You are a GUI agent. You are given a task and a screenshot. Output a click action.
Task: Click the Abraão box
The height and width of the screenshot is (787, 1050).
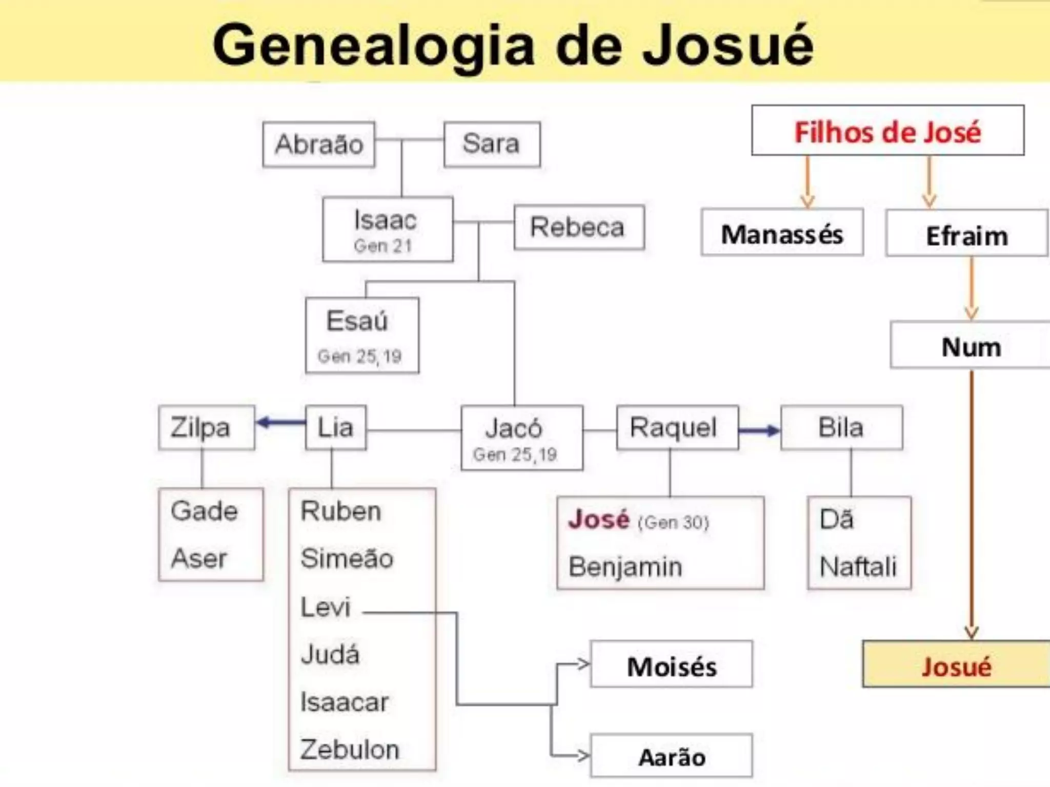tap(319, 144)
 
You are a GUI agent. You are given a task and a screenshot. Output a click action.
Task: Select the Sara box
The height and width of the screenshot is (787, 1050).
tap(492, 144)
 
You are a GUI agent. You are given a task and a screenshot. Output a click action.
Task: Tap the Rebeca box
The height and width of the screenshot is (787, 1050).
tap(579, 227)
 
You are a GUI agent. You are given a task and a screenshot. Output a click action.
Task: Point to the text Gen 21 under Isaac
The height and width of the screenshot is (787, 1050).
tap(383, 246)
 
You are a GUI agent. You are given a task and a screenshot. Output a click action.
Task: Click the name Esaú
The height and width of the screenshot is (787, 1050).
tap(357, 321)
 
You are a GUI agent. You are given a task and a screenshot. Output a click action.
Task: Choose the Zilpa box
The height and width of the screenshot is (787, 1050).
tap(206, 428)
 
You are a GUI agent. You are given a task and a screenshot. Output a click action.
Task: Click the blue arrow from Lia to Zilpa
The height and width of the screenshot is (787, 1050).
tap(281, 423)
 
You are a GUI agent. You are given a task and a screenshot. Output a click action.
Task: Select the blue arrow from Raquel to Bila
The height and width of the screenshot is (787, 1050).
tap(759, 430)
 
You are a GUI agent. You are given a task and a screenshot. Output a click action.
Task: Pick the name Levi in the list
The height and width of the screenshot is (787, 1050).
tap(326, 607)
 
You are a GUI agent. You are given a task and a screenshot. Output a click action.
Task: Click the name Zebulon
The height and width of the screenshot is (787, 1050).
tap(350, 750)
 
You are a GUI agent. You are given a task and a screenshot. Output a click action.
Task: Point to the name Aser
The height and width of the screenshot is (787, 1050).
tap(199, 558)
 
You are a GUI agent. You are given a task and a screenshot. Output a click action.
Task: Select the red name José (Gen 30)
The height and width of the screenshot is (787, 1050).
tap(599, 520)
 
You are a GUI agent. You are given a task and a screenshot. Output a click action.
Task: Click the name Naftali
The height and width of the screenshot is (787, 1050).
tap(858, 567)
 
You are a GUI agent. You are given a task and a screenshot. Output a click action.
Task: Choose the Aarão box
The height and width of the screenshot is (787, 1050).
tap(672, 757)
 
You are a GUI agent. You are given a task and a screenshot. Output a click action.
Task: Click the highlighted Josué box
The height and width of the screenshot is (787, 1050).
tap(956, 666)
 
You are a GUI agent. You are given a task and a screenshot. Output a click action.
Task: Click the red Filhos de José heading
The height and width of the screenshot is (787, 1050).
tap(887, 132)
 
